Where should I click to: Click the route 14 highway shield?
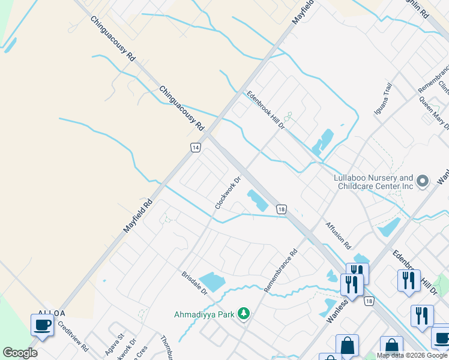195,148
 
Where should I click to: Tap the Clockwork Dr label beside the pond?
228,193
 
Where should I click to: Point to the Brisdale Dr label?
194,283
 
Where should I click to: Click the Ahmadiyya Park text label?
205,314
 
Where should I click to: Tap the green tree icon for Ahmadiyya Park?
243,313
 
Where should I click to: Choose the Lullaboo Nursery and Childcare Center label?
373,182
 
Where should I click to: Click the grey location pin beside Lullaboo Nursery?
423,181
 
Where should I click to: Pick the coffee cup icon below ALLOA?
42,325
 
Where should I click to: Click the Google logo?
20,353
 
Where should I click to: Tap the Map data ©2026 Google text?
411,355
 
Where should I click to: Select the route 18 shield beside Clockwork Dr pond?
280,209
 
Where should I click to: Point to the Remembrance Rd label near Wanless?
282,270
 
